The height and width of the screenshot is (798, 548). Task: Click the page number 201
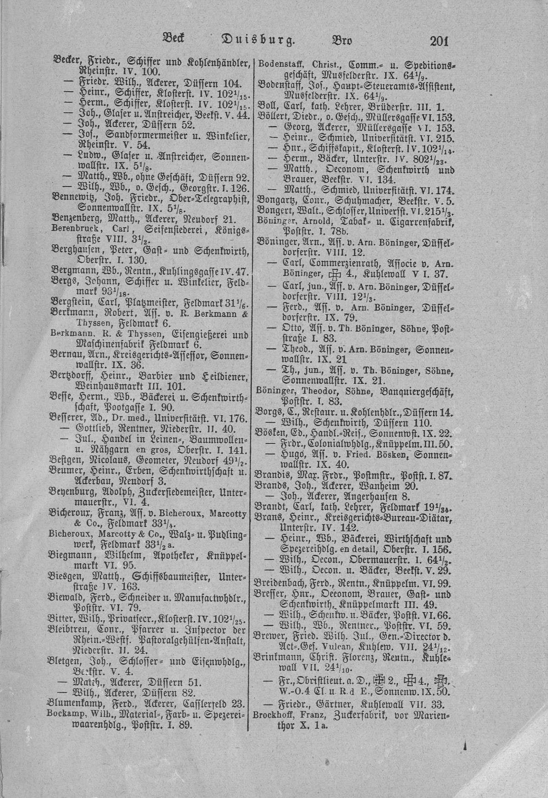click(438, 41)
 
